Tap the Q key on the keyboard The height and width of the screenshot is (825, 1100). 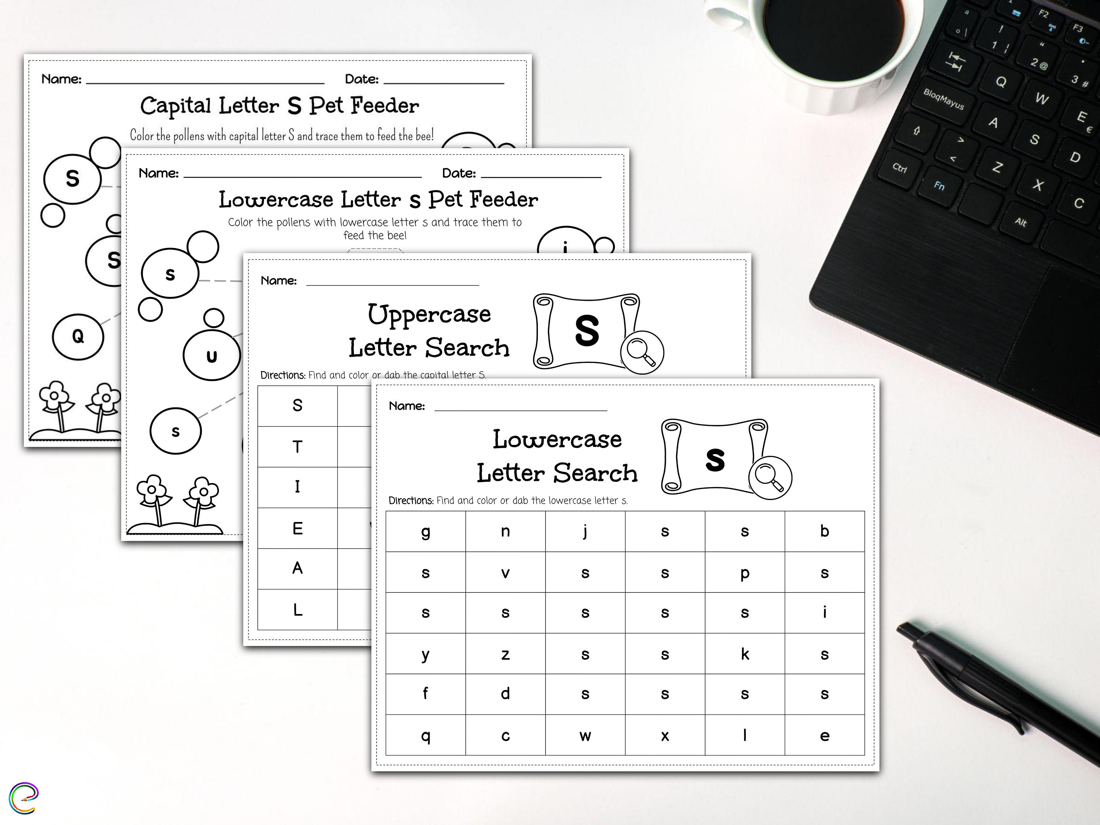coord(1001,81)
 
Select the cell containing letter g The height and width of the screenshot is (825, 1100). coord(426,532)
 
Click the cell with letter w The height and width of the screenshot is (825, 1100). coord(585,735)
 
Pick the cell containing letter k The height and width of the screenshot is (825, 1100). coord(744,654)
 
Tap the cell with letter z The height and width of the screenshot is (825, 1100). coord(505,654)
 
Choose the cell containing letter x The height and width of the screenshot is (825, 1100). coord(665,735)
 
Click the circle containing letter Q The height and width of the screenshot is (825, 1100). coord(78,337)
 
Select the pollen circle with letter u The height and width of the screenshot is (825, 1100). coord(212,355)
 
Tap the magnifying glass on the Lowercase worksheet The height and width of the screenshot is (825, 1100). coord(769,478)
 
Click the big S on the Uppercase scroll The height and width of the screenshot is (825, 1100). coord(587,331)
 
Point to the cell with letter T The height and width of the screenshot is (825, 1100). coord(297,447)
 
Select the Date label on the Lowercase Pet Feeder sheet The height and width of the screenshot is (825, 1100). coord(458,173)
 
